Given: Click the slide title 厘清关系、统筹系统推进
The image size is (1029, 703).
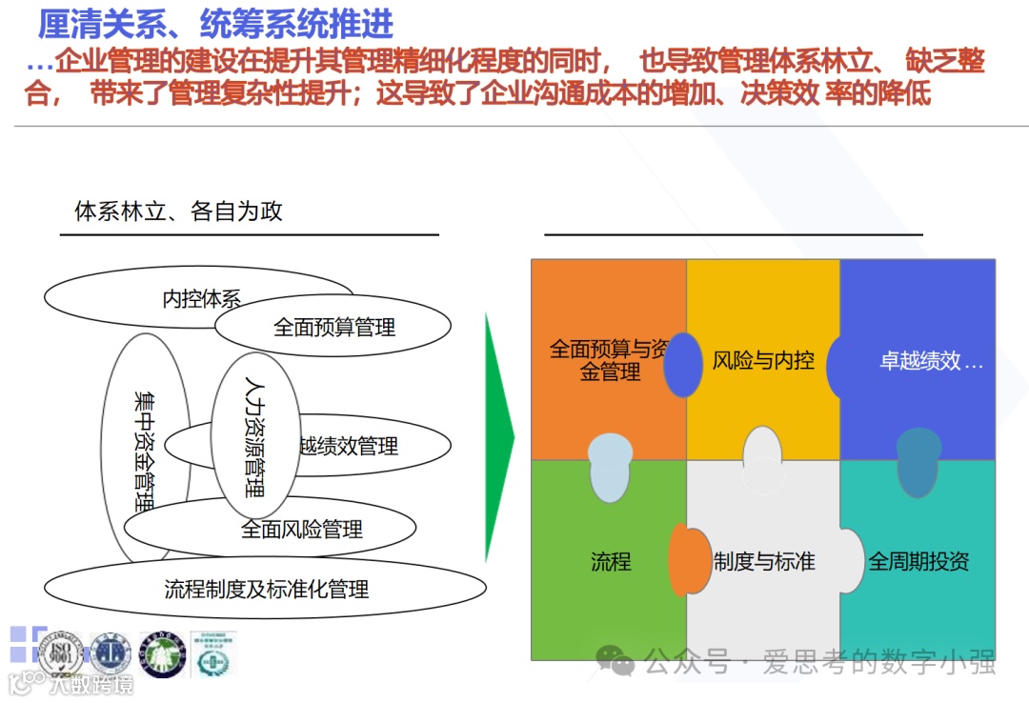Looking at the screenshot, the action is tap(215, 25).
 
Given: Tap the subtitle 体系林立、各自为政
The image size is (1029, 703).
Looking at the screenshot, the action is tap(178, 211).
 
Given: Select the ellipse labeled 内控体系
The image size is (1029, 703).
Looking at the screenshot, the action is tap(201, 299).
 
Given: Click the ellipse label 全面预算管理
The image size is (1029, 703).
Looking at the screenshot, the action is tap(334, 328).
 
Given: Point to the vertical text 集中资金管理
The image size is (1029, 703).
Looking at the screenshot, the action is tap(145, 447).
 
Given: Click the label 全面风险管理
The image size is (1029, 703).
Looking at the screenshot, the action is tap(302, 529).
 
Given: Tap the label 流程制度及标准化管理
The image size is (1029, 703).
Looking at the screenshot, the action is tap(266, 589).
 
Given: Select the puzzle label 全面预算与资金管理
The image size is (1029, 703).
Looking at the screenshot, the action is tap(608, 360).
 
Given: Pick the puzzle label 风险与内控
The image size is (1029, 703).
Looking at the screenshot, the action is tap(763, 360).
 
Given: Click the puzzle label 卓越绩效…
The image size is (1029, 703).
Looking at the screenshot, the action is tap(930, 362).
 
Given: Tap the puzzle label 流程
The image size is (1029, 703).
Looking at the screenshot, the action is tap(611, 561).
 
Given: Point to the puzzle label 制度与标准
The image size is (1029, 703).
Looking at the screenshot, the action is tap(764, 561).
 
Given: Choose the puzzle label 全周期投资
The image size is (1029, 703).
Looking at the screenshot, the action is tap(918, 561).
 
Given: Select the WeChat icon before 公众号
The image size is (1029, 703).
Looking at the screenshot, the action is tap(616, 659).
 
